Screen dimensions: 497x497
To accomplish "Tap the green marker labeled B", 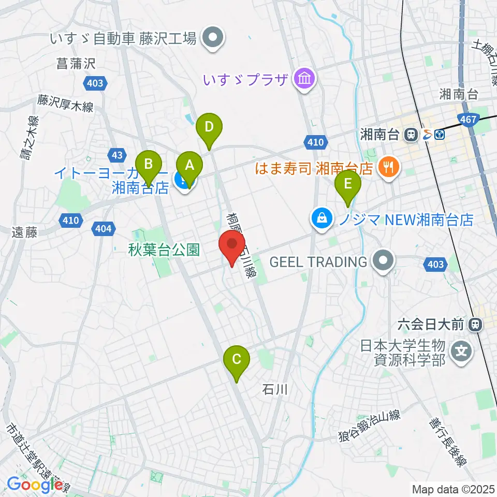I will coord(149,165).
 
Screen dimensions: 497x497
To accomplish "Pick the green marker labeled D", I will coord(209,127).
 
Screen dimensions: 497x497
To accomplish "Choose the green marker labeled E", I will coord(348,184).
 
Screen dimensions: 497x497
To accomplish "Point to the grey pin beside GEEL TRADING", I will coord(383,261).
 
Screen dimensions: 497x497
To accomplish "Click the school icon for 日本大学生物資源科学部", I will coord(462,352).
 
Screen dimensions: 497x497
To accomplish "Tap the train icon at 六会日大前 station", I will coord(474,325).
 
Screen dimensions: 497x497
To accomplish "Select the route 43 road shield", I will coord(117,154).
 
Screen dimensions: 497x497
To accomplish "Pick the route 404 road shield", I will coord(104,228).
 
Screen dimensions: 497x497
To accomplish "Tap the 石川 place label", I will coord(274,389).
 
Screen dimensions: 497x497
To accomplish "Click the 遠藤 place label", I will coord(24,233).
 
